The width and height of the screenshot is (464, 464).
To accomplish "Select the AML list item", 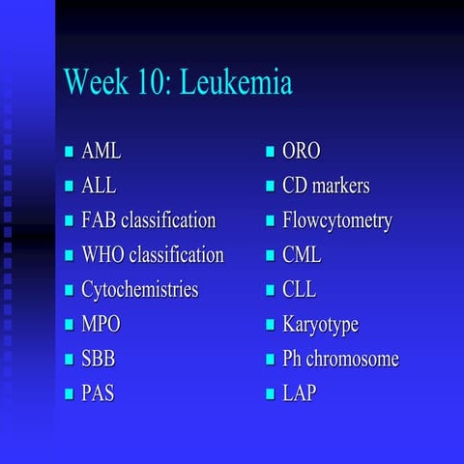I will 101,152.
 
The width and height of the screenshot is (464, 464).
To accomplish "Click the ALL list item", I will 99,186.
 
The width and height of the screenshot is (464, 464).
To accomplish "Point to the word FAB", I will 99,220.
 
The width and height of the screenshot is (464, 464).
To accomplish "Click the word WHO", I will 102,255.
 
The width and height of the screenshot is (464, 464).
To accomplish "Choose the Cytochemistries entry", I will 139,290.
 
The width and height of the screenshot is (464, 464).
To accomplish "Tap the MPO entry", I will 101,324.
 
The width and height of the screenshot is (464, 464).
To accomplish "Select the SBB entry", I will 99,359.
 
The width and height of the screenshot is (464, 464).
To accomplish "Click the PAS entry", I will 98,393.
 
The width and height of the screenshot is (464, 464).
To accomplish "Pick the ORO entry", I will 301,152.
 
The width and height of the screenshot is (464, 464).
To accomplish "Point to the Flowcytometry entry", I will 336,220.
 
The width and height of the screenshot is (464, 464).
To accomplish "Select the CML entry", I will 302,255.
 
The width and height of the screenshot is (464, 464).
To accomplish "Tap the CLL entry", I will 299,290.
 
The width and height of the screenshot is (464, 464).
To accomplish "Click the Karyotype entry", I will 319,324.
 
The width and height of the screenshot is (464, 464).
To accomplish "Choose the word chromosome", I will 353,359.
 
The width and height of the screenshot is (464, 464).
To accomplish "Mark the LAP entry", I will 299,393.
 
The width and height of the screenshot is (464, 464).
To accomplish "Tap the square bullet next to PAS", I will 69,394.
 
